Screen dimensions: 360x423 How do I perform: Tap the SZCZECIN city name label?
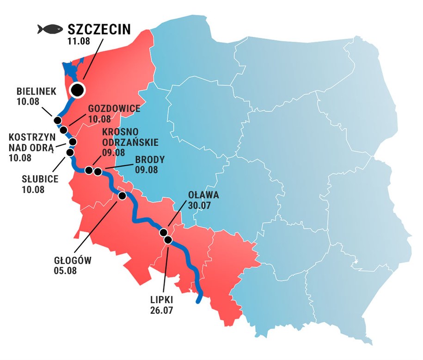[x=99, y=29]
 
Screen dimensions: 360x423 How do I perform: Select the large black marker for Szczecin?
[x=77, y=90]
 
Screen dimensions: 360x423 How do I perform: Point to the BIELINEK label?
[x=36, y=91]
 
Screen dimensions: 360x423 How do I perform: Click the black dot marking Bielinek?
[x=58, y=120]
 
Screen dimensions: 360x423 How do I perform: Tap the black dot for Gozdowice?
[x=64, y=130]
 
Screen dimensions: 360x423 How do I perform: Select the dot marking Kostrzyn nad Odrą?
[x=73, y=142]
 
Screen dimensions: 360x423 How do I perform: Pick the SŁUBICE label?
[x=40, y=180]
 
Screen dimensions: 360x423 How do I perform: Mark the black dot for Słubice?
[x=70, y=152]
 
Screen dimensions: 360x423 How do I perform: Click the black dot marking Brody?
[x=98, y=172]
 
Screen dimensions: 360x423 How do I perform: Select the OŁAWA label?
[x=203, y=195]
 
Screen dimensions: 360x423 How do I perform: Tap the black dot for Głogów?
[x=123, y=196]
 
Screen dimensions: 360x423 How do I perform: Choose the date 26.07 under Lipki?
[x=161, y=310]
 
